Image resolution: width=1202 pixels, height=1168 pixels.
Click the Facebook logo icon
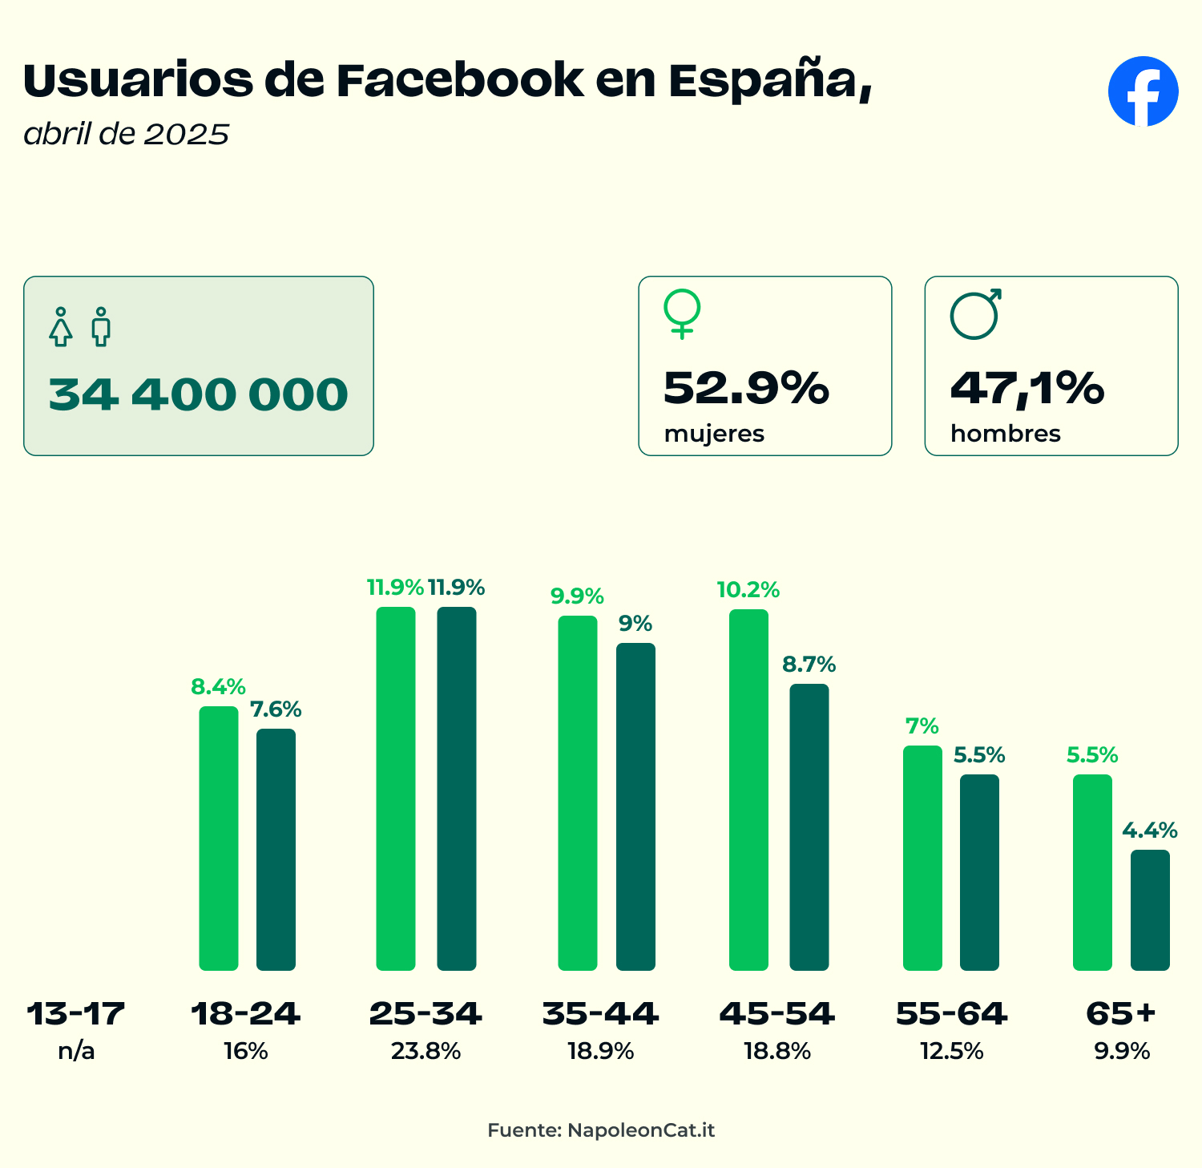1143,91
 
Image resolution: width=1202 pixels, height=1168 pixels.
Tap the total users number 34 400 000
198,394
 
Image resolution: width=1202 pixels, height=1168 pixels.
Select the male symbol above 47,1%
975,313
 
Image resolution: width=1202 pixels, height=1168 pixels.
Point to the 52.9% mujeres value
746,388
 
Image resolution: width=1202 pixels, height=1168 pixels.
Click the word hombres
1005,434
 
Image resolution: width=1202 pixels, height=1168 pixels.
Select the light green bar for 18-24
219,838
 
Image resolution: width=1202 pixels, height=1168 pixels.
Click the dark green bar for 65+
1150,910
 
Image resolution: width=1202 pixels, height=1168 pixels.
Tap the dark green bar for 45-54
809,826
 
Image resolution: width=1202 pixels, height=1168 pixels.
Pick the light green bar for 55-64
922,858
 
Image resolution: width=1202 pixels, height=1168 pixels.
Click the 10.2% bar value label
748,591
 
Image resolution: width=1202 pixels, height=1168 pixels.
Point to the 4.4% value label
1149,831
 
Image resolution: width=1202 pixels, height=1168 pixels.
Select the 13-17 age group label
76,1014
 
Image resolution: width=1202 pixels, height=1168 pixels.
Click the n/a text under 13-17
76,1051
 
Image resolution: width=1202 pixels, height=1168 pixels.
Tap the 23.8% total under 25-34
426,1051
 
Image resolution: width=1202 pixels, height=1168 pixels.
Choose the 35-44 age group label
600,1014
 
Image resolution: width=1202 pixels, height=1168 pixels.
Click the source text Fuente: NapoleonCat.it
601,1130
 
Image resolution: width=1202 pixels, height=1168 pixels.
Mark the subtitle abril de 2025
127,134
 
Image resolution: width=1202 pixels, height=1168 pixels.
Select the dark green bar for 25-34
457,788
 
